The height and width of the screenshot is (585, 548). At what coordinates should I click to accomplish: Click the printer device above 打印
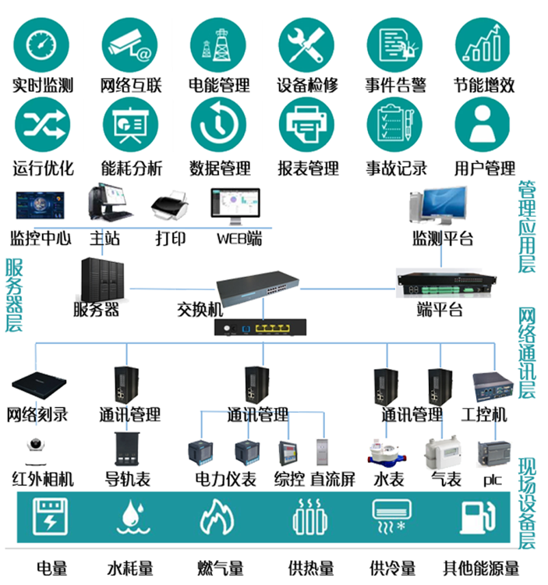pyautogui.click(x=170, y=207)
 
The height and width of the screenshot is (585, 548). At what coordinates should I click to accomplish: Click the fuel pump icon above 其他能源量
pyautogui.click(x=476, y=516)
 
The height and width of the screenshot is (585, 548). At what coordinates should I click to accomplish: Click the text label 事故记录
pyautogui.click(x=396, y=168)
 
